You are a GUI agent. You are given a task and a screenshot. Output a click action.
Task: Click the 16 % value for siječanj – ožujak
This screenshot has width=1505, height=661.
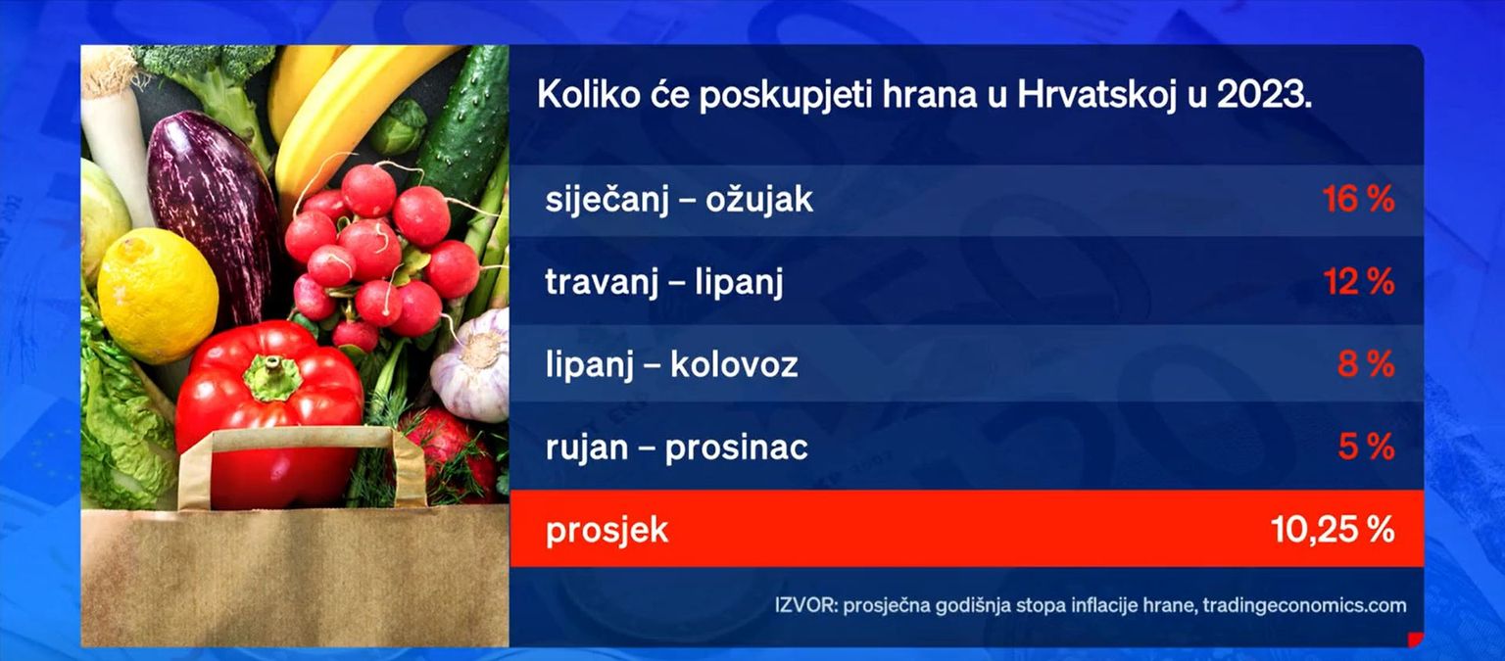[x=1359, y=200]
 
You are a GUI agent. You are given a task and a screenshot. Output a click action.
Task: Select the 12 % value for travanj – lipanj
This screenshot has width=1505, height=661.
[x=1359, y=281]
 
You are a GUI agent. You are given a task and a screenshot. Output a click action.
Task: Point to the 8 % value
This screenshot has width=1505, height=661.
[x=1366, y=364]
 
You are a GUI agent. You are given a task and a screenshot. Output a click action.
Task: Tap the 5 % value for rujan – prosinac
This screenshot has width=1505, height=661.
[x=1366, y=447]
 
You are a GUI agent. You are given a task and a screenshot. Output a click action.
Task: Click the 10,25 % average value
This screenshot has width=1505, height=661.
[x=1333, y=530]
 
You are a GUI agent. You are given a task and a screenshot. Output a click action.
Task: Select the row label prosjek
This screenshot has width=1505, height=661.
[x=607, y=531]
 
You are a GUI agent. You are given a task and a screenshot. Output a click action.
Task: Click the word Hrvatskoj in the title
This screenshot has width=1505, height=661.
[x=1097, y=95]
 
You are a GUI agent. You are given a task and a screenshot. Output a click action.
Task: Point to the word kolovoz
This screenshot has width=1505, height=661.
[x=734, y=364]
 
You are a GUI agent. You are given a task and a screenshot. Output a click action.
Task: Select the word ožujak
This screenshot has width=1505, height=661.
[x=759, y=200]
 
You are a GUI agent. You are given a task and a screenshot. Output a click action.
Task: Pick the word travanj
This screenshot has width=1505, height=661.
[x=602, y=282]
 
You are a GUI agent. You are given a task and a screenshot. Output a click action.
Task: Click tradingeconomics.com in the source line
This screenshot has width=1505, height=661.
[x=1304, y=606]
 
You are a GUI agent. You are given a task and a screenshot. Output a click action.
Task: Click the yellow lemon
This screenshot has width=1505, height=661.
[x=158, y=296]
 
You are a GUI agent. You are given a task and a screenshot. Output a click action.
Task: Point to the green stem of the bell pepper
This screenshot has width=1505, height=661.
[x=272, y=378]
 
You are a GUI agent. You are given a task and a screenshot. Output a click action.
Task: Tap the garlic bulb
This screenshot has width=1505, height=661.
[x=472, y=366]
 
